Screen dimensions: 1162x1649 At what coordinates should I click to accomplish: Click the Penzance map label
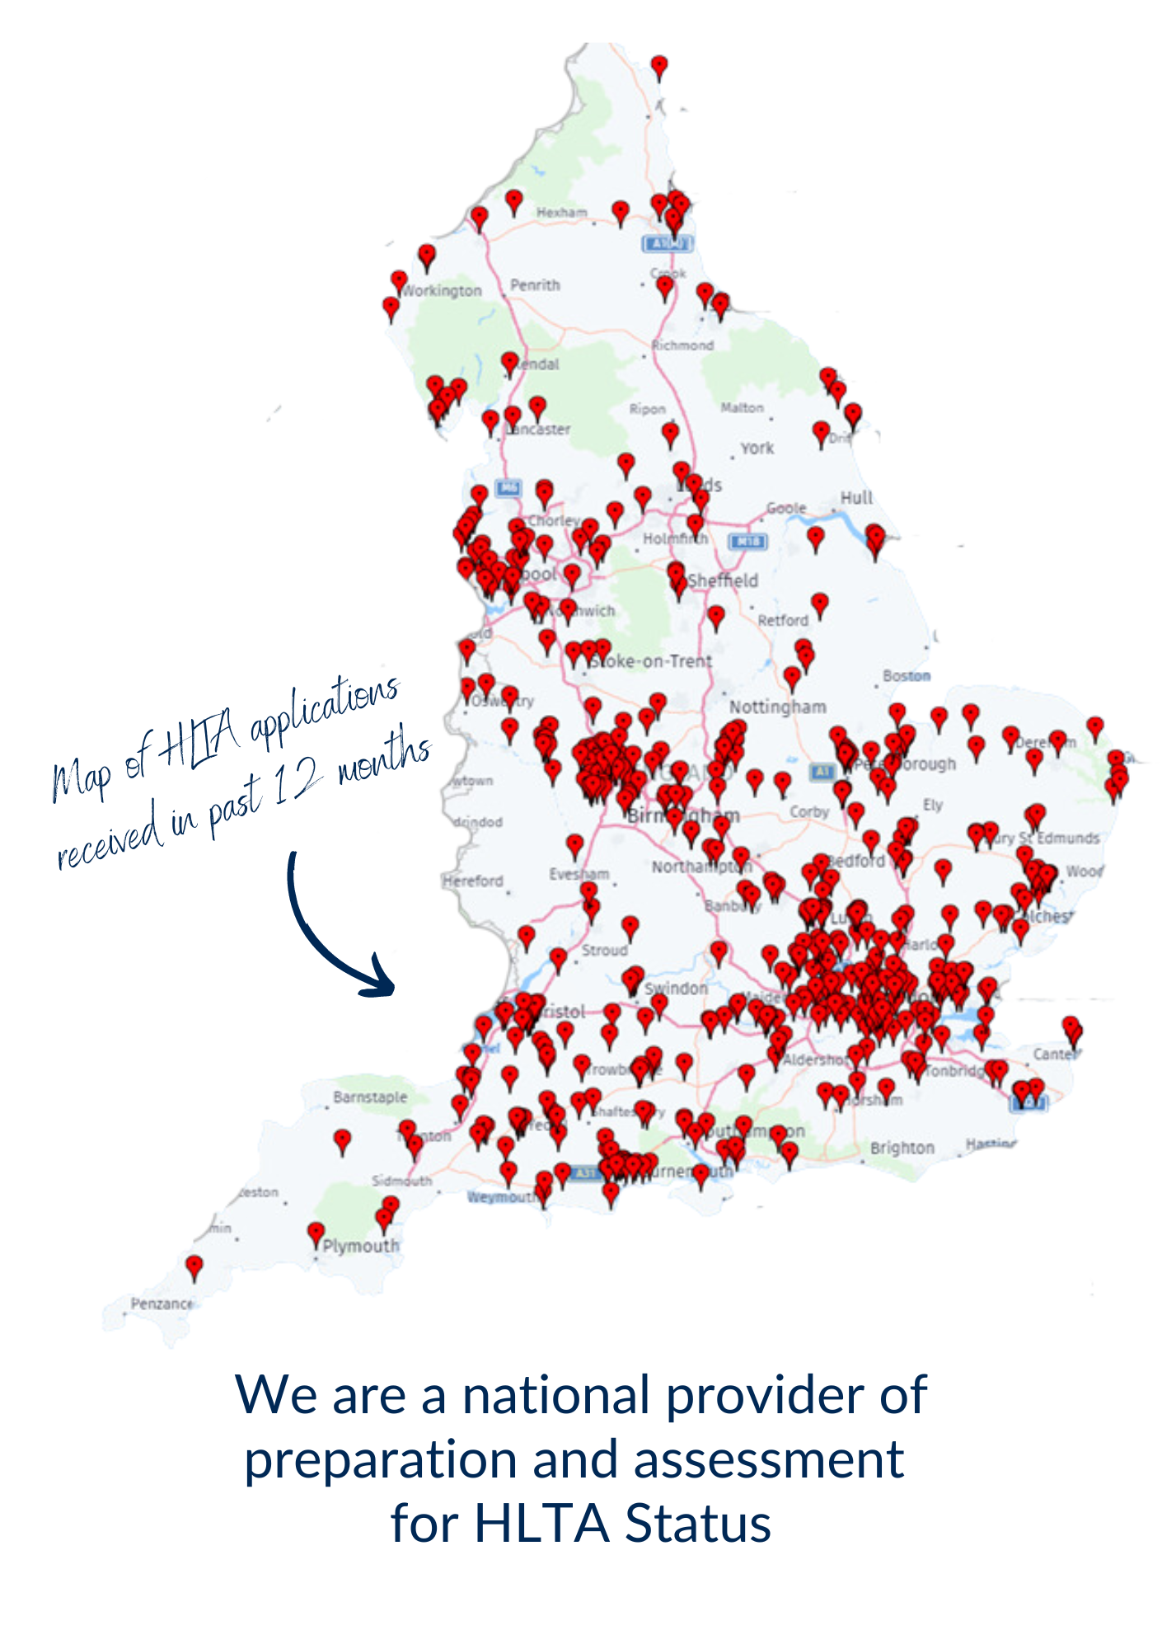[x=163, y=1304]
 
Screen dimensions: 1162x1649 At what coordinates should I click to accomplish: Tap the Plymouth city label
[x=361, y=1246]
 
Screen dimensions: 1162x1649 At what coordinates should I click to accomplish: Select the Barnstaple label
[x=370, y=1097]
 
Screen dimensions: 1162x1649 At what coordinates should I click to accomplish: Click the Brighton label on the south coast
[x=902, y=1148]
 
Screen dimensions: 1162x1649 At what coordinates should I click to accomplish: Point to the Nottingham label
[x=777, y=707]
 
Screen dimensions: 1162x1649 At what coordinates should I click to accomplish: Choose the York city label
[x=757, y=449]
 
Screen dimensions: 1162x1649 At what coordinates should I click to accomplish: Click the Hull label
[x=855, y=497]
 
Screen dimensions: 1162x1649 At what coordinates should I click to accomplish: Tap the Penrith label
[x=535, y=285]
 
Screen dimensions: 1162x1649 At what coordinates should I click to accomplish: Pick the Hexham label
[x=562, y=213]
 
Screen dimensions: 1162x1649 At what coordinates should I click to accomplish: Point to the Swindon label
[x=676, y=989]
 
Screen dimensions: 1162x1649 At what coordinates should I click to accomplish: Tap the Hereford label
[x=473, y=881]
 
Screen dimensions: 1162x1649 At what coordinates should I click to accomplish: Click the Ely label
[x=932, y=806]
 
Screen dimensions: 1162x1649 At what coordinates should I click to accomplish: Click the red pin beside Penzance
[x=194, y=1266]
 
